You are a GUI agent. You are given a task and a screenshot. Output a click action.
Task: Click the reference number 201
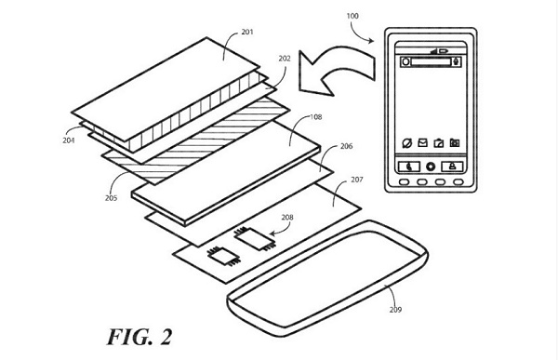pos(247,32)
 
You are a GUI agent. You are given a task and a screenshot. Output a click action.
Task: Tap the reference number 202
pos(285,59)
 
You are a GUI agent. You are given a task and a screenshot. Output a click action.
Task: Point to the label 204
pos(68,140)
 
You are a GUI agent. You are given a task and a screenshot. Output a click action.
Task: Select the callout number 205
pos(111,198)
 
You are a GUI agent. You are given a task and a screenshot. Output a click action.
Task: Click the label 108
pos(315,117)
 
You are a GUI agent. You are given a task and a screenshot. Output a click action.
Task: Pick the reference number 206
pos(346,146)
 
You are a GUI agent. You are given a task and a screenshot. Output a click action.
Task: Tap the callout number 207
pos(356,180)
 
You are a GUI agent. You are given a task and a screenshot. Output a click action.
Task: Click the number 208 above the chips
pos(287,218)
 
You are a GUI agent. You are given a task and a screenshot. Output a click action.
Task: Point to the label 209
pos(395,310)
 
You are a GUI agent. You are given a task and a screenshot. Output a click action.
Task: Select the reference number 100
pos(352,16)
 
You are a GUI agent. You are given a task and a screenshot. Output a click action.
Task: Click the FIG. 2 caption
pos(139,337)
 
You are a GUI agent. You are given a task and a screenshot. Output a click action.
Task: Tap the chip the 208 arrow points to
pos(254,238)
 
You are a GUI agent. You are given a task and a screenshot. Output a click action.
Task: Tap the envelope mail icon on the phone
pos(422,142)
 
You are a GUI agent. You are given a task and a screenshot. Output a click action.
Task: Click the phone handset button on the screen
pos(409,167)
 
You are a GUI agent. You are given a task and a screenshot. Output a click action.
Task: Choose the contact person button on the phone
pos(452,167)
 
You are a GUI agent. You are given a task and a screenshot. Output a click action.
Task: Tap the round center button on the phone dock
pos(431,167)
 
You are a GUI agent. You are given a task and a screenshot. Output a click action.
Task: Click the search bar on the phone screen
pos(431,61)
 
